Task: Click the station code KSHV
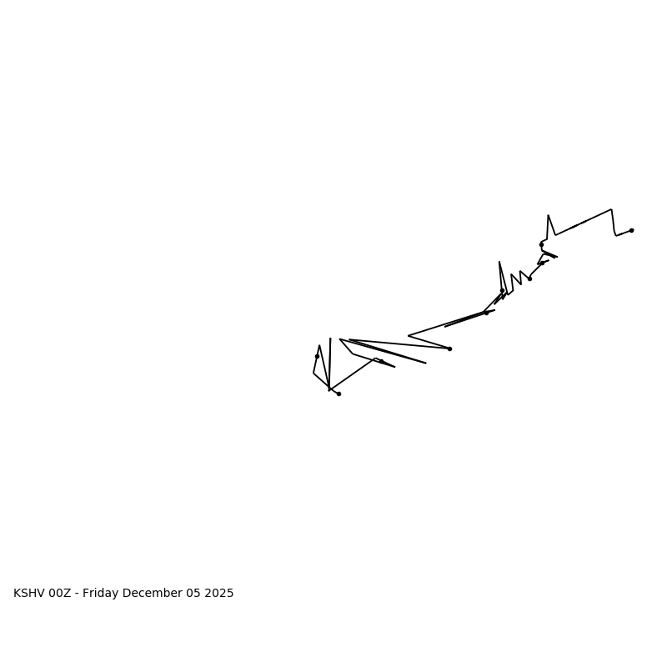tap(29, 594)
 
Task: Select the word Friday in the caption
tap(102, 594)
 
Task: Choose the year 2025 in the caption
tap(221, 594)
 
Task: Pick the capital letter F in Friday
tap(86, 594)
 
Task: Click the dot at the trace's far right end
tap(631, 230)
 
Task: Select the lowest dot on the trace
tap(339, 394)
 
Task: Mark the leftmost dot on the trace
tap(317, 356)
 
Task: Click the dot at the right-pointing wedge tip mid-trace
tap(449, 349)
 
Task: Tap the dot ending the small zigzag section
tap(529, 278)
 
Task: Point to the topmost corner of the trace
tap(611, 209)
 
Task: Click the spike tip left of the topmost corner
tap(548, 215)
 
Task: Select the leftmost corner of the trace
tap(313, 373)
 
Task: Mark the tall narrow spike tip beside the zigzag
tap(499, 262)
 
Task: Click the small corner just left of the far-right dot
tap(616, 235)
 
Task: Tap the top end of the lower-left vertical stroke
tap(330, 339)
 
